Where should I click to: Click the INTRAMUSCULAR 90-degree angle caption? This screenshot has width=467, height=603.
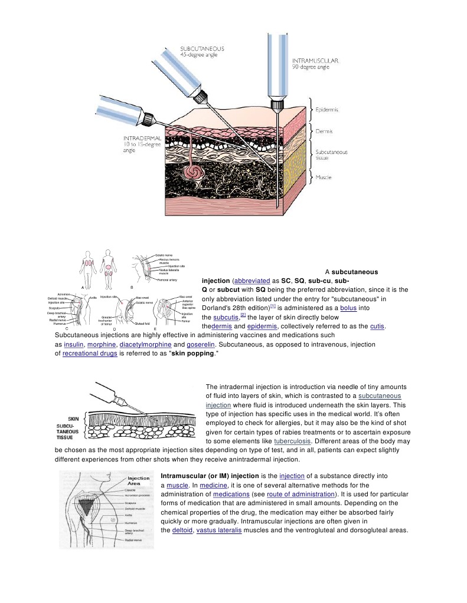tap(315, 64)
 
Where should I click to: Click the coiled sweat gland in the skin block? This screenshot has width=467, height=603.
tap(192, 171)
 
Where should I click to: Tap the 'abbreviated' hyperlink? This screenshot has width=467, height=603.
tap(252, 281)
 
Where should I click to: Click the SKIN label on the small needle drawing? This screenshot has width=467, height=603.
tap(74, 418)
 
